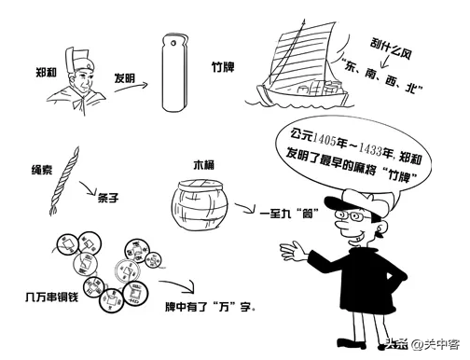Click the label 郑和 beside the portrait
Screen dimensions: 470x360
tap(46, 73)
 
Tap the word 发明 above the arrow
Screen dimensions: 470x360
tap(124, 77)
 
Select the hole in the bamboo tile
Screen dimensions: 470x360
tap(173, 42)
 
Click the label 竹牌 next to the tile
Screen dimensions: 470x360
tap(223, 67)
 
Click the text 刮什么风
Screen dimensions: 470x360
tap(391, 48)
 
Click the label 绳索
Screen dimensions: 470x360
tap(42, 170)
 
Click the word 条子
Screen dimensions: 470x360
tap(108, 198)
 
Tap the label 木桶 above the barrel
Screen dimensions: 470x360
tap(203, 165)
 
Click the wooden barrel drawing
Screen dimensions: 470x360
tap(200, 204)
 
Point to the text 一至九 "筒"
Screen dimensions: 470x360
tap(289, 214)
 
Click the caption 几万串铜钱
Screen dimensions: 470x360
tap(51, 297)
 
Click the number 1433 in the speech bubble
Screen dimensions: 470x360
tap(370, 149)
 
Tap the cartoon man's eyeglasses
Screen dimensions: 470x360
tap(352, 215)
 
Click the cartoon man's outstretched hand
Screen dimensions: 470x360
tap(293, 250)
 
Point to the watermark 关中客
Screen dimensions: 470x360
tap(441, 344)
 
